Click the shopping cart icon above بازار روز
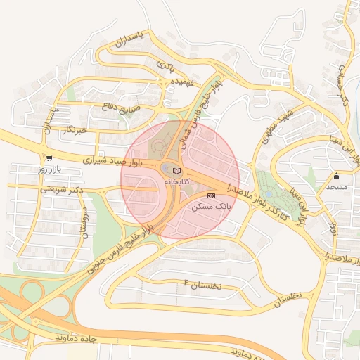(49, 158)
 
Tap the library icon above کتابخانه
(176, 171)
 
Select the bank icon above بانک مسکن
(212, 195)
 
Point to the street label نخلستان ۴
(202, 285)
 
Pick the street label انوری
(333, 223)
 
